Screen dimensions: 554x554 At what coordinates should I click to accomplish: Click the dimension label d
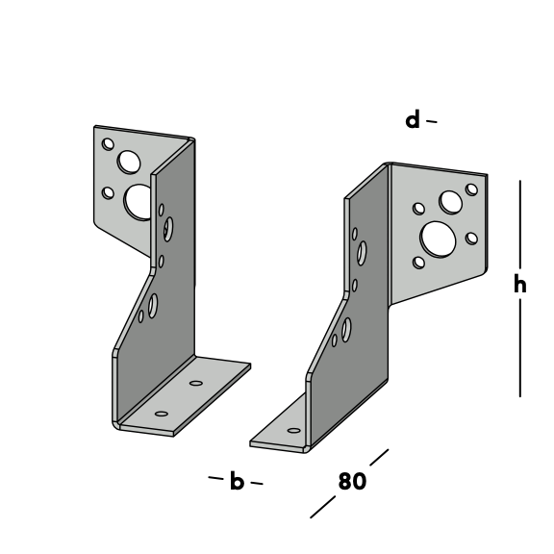[413, 120]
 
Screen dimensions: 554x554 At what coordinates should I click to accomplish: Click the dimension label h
[520, 284]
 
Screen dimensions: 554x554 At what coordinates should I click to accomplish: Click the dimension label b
[237, 480]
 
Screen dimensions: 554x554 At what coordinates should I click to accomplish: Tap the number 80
[352, 481]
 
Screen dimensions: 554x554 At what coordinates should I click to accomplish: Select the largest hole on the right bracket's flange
[438, 239]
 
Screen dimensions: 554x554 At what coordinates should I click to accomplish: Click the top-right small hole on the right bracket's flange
[471, 189]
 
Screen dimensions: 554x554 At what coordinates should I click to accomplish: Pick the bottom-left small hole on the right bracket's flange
[418, 263]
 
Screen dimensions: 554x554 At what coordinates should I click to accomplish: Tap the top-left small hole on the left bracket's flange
[108, 144]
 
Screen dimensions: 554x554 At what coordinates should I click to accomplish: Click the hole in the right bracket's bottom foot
[294, 430]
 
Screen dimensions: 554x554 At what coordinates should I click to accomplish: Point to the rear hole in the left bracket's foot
[196, 383]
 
